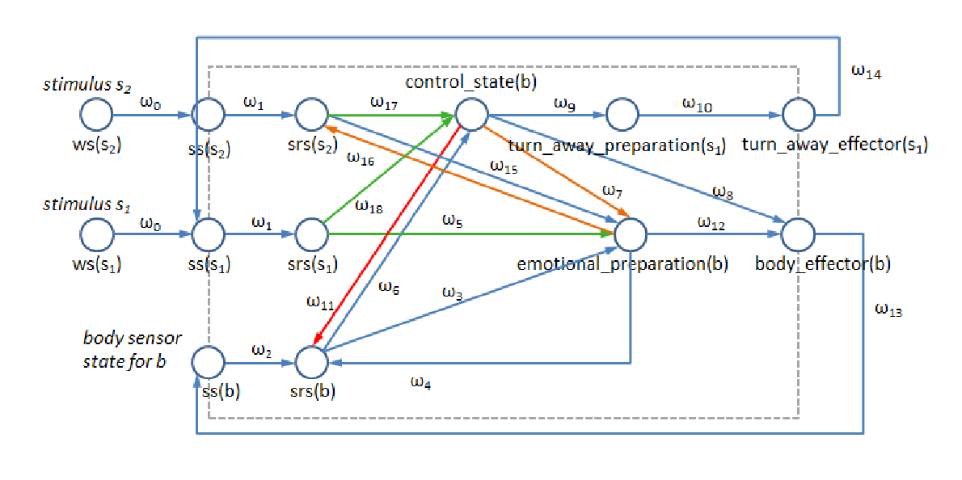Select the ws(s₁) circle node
coord(96,234)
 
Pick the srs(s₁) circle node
coord(310,234)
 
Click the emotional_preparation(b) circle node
coord(631,234)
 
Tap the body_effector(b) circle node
coord(797,234)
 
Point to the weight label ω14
coord(866,73)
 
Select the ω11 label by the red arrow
coord(319,302)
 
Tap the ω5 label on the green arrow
coord(454,220)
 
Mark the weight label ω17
coord(383,101)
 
